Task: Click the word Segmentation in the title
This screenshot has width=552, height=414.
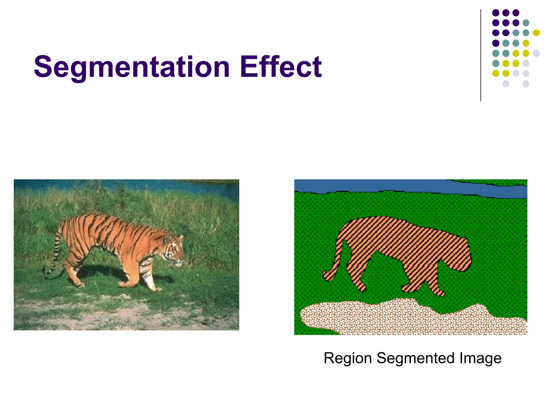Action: tap(132, 67)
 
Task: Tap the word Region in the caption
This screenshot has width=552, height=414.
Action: tap(348, 358)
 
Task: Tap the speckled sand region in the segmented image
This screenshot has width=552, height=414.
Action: tap(404, 318)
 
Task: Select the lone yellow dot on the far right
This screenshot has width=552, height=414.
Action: tap(536, 33)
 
